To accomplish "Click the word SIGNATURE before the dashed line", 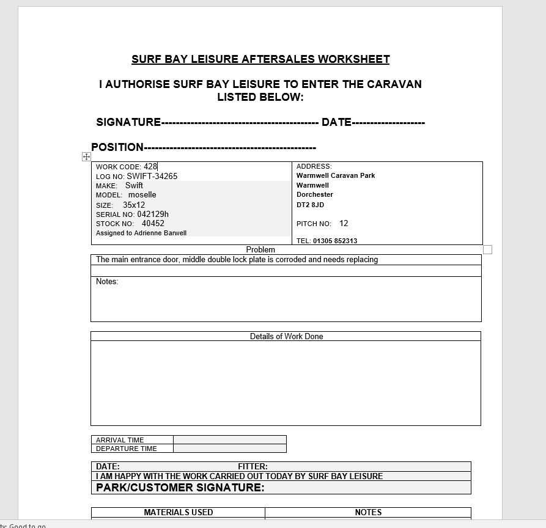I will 128,122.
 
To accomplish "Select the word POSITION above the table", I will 117,147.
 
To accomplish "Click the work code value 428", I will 150,166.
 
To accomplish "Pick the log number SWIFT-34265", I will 152,176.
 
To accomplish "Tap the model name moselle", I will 142,195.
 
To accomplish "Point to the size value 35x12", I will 134,205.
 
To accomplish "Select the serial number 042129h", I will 153,215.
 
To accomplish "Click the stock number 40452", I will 153,224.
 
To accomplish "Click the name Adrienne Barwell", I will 159,233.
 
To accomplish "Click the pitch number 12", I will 344,224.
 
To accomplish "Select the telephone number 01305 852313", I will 335,241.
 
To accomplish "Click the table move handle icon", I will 86,157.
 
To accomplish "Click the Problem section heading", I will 260,249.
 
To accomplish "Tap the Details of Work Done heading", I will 286,336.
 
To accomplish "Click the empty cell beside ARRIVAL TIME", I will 229,439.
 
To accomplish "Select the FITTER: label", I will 253,466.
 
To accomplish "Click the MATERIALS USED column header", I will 179,512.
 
